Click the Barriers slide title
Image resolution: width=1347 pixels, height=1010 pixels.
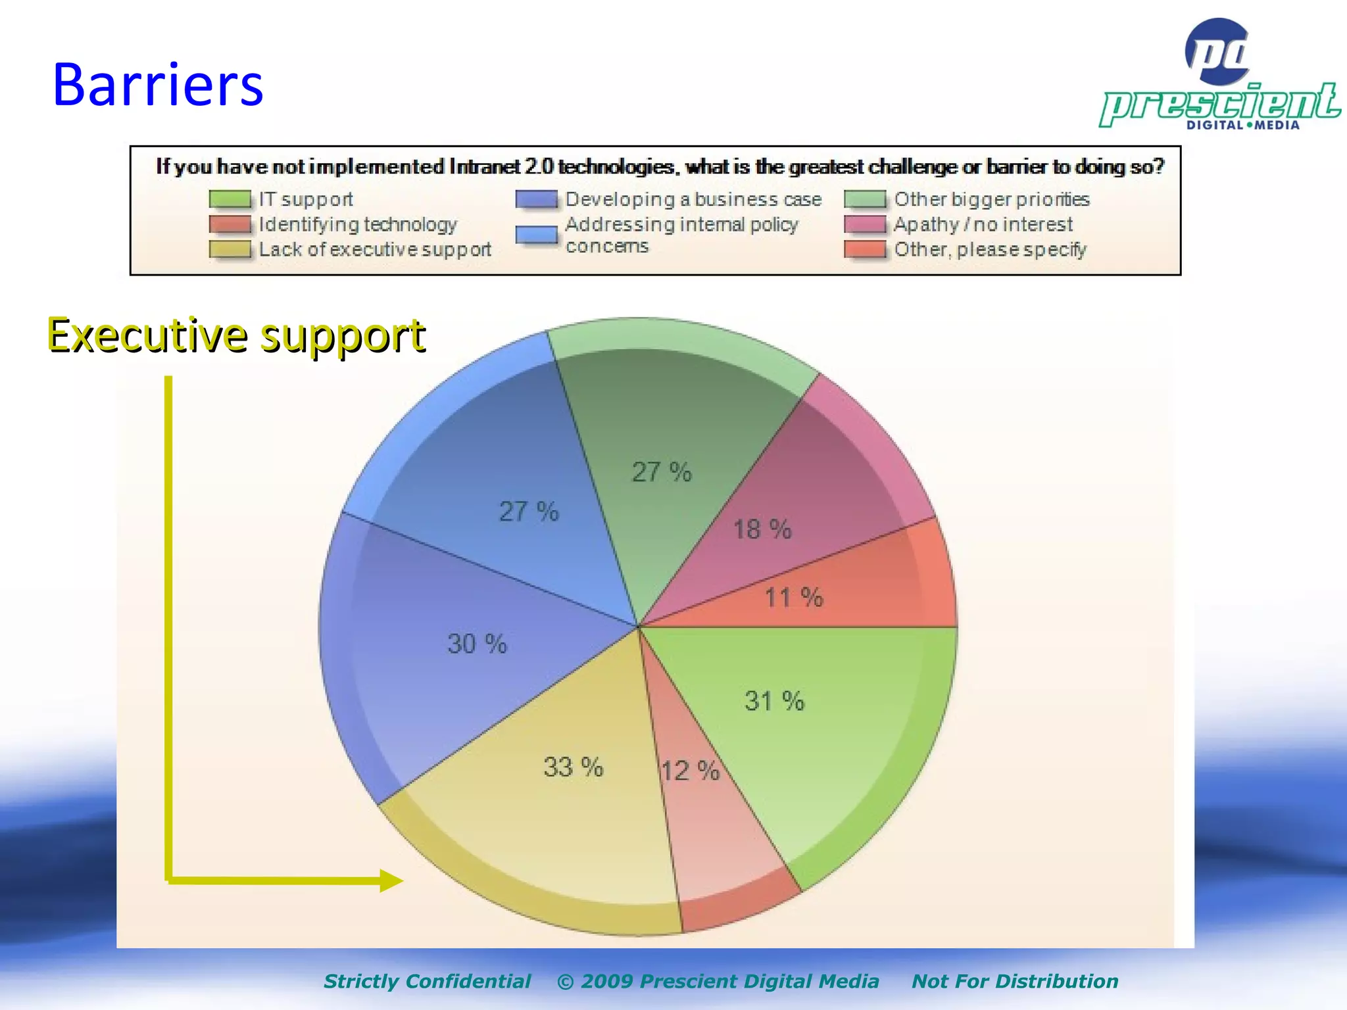(158, 85)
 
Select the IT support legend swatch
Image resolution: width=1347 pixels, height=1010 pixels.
(230, 199)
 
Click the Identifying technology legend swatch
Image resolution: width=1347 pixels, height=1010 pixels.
(230, 224)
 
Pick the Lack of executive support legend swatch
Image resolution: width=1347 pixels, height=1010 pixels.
(230, 249)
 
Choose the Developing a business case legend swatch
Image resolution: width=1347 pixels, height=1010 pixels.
(536, 199)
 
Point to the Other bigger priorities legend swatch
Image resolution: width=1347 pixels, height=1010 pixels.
(865, 199)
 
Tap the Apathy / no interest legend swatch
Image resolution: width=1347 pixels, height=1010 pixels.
(865, 224)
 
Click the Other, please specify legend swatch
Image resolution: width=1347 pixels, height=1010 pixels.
(865, 249)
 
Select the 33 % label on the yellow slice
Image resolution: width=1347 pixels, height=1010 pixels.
(573, 767)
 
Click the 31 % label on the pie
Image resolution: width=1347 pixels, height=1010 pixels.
(774, 701)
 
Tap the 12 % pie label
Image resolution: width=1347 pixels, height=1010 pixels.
(690, 771)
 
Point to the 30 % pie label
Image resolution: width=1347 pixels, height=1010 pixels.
(477, 644)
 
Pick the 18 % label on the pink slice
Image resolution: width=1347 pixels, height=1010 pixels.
(762, 529)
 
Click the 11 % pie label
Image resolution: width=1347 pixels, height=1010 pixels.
(793, 598)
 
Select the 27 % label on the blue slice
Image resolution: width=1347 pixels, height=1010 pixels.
(529, 512)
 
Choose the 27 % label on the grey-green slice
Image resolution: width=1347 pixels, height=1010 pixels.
(662, 472)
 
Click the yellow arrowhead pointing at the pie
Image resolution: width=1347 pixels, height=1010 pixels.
(391, 880)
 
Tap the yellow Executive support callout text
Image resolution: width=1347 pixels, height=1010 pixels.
(236, 335)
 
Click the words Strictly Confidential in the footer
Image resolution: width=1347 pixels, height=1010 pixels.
(427, 981)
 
